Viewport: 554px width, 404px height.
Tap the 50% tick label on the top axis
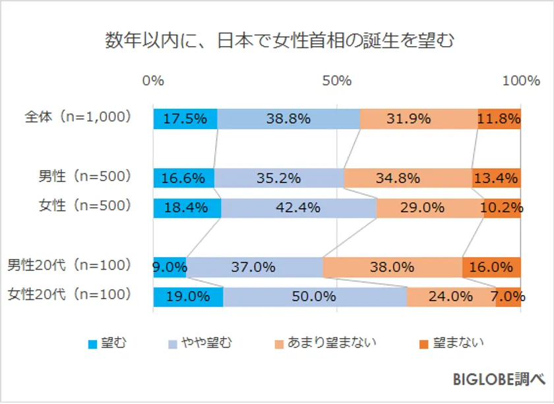337,81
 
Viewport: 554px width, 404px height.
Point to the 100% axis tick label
520,81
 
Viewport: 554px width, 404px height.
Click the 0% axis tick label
153,81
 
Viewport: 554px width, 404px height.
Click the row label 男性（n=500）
85,176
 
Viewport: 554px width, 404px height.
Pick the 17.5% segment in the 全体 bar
185,119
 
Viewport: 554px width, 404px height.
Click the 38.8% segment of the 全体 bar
289,119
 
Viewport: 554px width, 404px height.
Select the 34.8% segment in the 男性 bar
408,178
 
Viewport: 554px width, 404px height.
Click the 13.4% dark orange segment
497,178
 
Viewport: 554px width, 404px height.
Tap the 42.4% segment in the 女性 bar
299,208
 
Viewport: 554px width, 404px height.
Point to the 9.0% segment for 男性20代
169,267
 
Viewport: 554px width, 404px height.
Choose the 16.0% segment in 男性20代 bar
491,267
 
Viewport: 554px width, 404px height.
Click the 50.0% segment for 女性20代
315,297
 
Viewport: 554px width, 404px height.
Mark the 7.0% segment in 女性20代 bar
508,297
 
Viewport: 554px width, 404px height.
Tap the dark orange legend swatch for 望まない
423,343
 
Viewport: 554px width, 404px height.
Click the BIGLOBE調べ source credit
499,380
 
